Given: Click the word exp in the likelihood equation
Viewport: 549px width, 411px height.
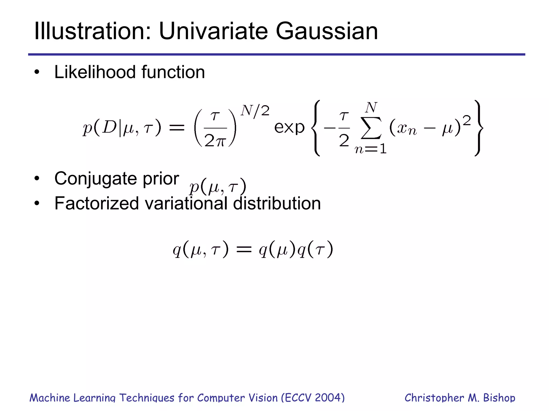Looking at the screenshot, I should tap(289, 128).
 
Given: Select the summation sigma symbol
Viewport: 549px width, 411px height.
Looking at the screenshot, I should tap(371, 128).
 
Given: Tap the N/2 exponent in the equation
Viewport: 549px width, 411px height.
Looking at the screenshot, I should tap(255, 110).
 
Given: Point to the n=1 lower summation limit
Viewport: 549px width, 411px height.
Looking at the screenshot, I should tap(371, 149).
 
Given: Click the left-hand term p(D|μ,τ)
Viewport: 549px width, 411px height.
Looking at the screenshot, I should tap(122, 128).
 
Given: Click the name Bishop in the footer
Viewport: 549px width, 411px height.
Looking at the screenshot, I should tap(499, 398).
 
